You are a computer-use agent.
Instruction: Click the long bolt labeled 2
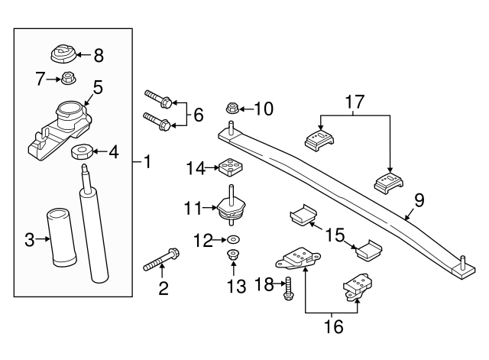point(162,259)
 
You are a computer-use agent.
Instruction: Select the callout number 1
point(147,163)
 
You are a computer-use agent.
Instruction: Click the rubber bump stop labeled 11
point(230,208)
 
